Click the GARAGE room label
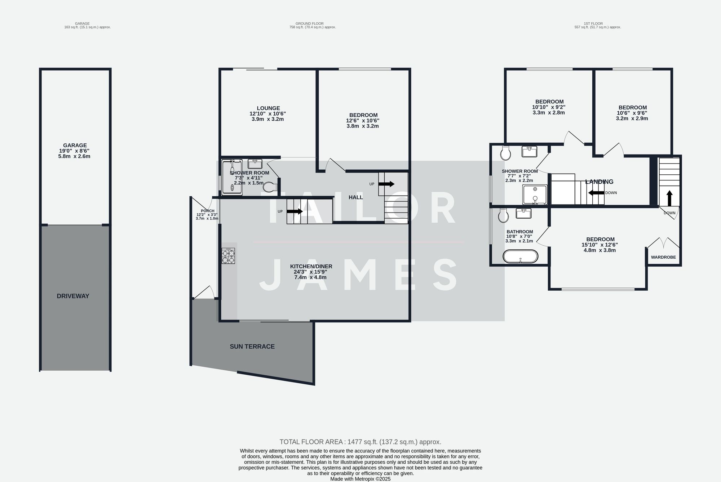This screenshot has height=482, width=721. [75, 145]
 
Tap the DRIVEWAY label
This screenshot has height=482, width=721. [73, 296]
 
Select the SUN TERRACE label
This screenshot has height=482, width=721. [252, 347]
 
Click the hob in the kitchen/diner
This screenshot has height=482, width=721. [228, 256]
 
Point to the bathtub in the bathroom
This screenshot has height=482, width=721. [520, 256]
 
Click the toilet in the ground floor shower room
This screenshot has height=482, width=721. [270, 187]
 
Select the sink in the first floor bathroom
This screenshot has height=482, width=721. [523, 214]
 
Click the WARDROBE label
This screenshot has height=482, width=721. [663, 257]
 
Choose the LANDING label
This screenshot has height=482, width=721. [599, 182]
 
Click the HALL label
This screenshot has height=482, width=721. [355, 197]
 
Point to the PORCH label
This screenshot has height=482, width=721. [207, 211]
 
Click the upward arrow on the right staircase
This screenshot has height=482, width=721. [669, 198]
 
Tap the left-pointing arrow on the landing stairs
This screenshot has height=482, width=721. [596, 193]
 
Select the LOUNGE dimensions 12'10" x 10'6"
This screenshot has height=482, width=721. [268, 113]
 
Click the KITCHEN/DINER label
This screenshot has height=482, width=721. [311, 267]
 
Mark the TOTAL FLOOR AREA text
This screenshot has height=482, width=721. [360, 442]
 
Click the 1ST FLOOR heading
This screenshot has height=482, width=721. [593, 23]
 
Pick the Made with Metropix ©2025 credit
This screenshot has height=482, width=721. [360, 479]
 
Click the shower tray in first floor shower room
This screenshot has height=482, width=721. [534, 195]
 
